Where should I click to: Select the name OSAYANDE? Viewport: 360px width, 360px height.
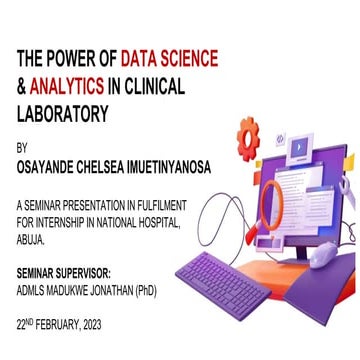tap(54, 171)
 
